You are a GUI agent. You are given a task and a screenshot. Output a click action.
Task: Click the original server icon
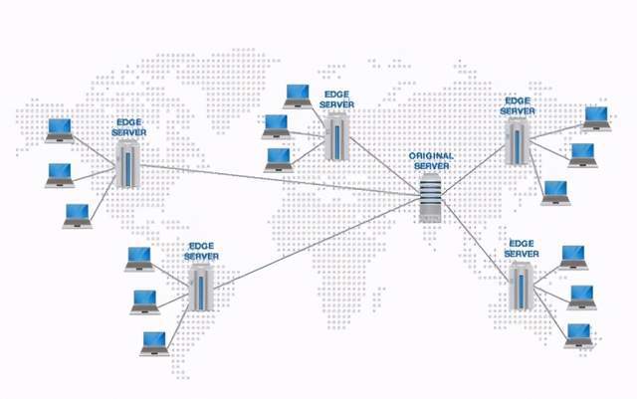(429, 197)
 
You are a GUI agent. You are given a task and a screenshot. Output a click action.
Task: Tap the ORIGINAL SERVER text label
(432, 161)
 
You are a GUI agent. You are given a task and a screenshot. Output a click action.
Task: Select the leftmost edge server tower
(126, 164)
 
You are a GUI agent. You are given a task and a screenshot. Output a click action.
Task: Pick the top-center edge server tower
(336, 135)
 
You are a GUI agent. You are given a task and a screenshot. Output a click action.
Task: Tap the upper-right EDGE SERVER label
(518, 105)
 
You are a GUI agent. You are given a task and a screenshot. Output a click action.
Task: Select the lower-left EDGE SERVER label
(201, 252)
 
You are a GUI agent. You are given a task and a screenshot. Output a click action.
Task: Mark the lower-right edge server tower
(519, 286)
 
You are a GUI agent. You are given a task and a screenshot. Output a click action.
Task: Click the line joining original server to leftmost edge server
(279, 178)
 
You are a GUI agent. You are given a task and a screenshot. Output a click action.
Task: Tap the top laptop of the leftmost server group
(60, 128)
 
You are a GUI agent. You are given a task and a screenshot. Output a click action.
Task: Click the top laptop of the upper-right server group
(596, 116)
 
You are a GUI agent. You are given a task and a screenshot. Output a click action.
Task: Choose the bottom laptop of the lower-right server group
(578, 334)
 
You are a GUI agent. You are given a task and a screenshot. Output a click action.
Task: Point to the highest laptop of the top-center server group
(298, 95)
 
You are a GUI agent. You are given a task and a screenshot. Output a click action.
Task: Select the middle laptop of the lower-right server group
(581, 297)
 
